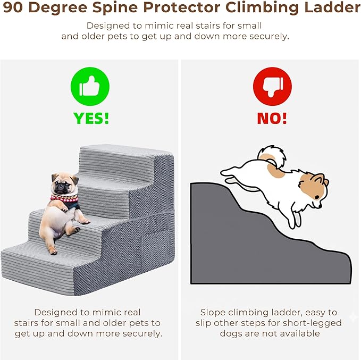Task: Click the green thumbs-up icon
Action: point(90,87)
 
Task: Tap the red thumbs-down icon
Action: point(272,87)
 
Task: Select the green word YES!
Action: point(91,119)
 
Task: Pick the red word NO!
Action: point(272,119)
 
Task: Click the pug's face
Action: point(62,185)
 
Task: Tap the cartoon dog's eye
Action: point(317,197)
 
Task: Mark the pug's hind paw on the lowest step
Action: point(53,252)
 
